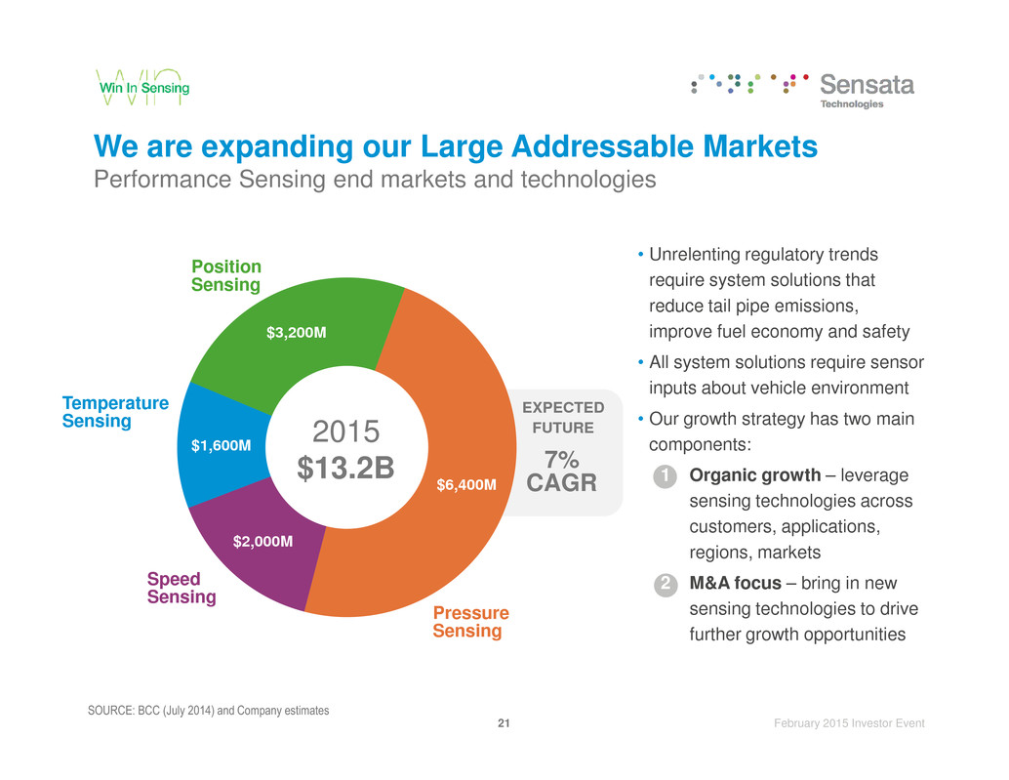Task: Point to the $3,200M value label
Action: (x=297, y=333)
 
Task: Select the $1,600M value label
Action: (x=221, y=446)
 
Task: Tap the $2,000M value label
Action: (x=263, y=540)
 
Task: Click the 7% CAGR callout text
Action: (x=561, y=472)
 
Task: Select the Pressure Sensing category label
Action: (x=470, y=622)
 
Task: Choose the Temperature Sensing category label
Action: (x=115, y=412)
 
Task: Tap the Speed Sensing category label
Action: (x=182, y=588)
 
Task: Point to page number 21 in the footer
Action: (x=504, y=723)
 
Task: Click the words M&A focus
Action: (x=734, y=584)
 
